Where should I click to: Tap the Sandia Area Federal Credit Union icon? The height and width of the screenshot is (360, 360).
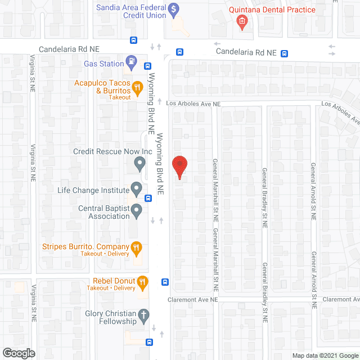[174, 10]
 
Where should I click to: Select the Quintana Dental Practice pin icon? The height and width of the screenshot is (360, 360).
[242, 22]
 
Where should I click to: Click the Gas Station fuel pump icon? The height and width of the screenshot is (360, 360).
[132, 62]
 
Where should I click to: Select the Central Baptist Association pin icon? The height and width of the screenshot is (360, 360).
[136, 212]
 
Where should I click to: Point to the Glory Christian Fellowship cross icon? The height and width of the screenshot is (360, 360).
[143, 315]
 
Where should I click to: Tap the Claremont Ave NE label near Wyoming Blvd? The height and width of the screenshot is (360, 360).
[192, 300]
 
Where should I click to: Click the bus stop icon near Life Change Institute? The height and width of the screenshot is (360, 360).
[148, 197]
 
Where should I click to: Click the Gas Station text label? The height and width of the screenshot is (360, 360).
[103, 64]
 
